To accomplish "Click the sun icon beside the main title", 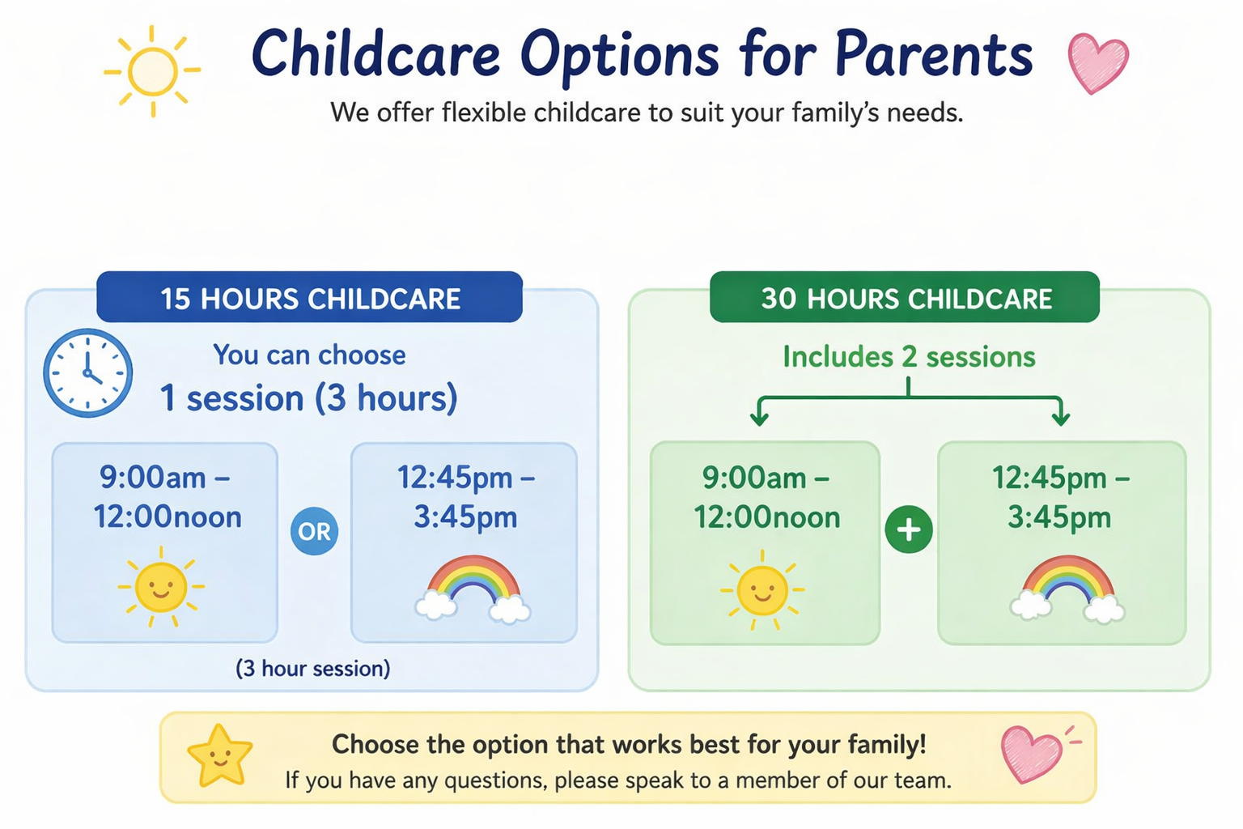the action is (152, 71).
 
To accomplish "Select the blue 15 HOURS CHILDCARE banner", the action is (310, 297).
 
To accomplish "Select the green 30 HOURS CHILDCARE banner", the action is (905, 297).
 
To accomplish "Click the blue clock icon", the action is (87, 372).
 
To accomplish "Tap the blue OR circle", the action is (314, 531).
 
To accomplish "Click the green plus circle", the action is (909, 529).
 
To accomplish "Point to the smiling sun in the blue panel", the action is (161, 587).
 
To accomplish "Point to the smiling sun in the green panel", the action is (761, 590).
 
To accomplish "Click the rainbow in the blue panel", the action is (473, 589).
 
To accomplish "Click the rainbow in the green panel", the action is (1067, 589).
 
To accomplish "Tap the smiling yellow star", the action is (220, 756).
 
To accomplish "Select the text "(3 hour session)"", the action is (313, 669).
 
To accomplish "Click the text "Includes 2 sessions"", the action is (909, 356).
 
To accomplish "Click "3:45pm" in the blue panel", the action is (465, 517).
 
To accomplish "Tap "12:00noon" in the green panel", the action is (767, 517).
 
